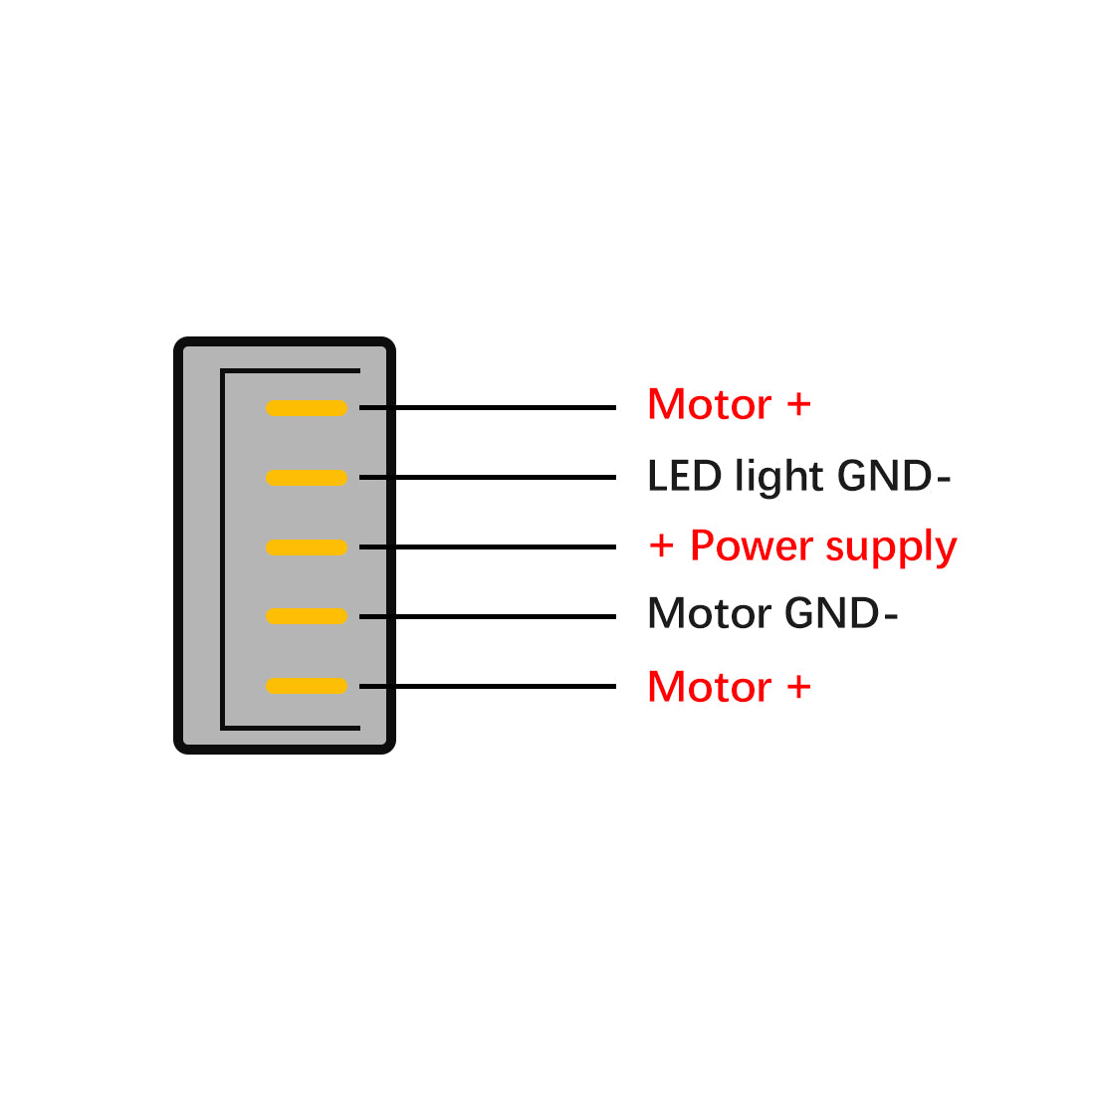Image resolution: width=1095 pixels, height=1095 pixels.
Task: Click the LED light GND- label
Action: (799, 476)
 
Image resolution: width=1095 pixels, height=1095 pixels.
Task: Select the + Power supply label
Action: (802, 547)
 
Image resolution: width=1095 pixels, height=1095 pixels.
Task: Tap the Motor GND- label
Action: (772, 613)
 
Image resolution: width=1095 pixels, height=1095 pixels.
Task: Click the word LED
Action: (685, 476)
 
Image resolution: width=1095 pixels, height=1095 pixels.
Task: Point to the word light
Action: (779, 478)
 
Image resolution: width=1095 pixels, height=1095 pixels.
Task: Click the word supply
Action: (891, 547)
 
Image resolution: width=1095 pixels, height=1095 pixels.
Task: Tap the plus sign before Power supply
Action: (661, 546)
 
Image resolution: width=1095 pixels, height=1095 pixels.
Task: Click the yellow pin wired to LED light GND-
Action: (307, 478)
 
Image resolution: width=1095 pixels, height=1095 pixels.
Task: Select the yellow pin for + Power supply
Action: (307, 547)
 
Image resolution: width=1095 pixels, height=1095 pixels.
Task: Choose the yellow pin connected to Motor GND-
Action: (307, 616)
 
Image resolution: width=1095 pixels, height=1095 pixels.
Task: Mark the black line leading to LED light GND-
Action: (488, 478)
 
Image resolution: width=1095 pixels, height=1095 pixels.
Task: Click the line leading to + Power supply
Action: (488, 547)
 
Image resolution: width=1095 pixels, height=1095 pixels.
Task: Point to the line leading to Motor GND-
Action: (488, 616)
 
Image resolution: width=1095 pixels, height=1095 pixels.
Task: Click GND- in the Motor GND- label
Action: (841, 613)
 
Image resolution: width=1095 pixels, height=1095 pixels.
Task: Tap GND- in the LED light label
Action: (894, 476)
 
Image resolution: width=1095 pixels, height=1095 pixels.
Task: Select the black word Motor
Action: (710, 613)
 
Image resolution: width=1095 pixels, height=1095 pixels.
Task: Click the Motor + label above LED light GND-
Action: (729, 404)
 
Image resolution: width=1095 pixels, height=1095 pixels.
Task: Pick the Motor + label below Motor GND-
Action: (729, 687)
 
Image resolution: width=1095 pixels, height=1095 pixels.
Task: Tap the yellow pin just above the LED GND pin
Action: (307, 408)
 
